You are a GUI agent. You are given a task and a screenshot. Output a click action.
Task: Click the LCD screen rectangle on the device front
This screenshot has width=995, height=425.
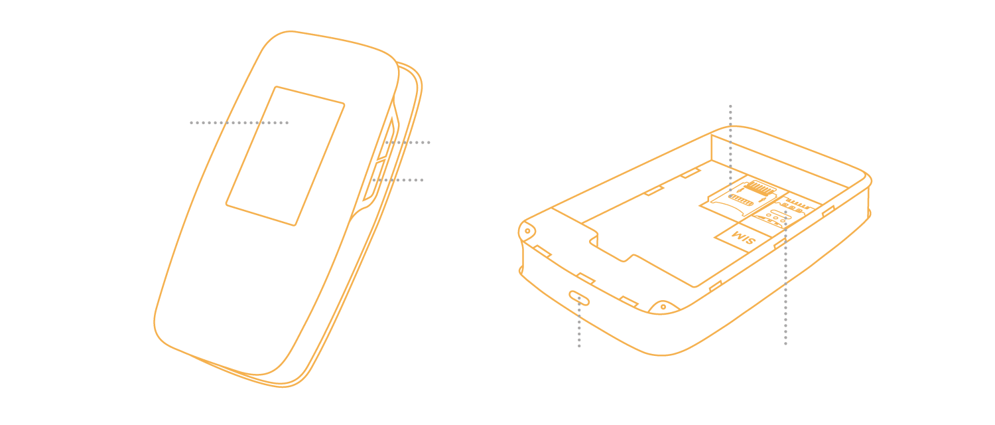(285, 156)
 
